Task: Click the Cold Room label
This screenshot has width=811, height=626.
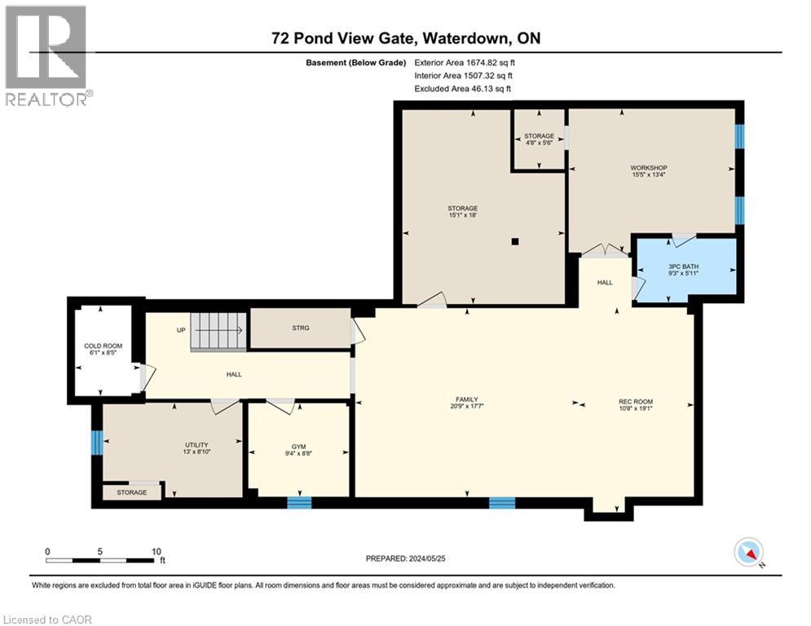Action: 103,346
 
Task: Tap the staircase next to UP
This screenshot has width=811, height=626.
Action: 217,330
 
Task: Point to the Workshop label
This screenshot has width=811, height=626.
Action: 649,168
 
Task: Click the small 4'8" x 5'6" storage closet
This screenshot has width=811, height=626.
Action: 539,139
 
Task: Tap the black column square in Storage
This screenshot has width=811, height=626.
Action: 515,240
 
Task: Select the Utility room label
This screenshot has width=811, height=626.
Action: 196,445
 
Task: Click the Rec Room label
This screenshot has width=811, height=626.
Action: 635,401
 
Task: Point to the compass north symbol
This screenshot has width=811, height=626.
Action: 747,553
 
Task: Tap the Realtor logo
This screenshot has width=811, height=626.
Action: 47,55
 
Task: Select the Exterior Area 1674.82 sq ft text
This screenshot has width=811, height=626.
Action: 465,62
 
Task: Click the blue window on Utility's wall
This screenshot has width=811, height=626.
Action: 96,443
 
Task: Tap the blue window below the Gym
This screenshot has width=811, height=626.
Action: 299,503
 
